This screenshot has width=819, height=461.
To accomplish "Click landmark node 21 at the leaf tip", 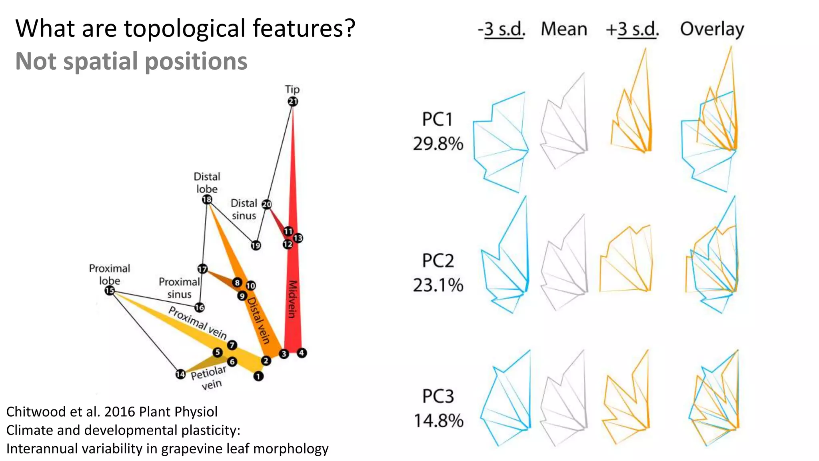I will click(x=293, y=101).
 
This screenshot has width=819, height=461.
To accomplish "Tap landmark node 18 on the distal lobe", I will click(x=207, y=199).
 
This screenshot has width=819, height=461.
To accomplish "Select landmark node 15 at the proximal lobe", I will click(x=110, y=291).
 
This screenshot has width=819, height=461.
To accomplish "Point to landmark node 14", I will click(x=180, y=374).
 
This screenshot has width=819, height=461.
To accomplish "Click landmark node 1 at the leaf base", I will click(x=258, y=376).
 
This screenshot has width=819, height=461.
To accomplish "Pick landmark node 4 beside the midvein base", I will click(x=302, y=353).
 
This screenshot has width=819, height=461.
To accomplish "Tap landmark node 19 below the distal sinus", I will click(x=256, y=245).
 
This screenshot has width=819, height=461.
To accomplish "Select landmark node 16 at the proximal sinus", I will click(x=199, y=307).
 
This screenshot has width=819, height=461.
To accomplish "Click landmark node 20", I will click(x=266, y=204).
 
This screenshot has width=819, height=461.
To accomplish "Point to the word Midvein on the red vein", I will click(x=293, y=299).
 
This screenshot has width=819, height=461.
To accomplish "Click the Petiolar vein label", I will click(x=209, y=378).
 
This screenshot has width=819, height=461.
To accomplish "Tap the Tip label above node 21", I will click(x=292, y=89).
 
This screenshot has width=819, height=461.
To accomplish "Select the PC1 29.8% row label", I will click(x=438, y=131).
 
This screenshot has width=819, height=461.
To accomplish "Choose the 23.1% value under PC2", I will click(x=438, y=285).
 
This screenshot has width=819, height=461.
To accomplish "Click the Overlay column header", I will click(x=712, y=29).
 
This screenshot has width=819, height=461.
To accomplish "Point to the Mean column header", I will click(x=564, y=29).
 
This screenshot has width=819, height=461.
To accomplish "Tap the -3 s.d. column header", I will click(x=501, y=29).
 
